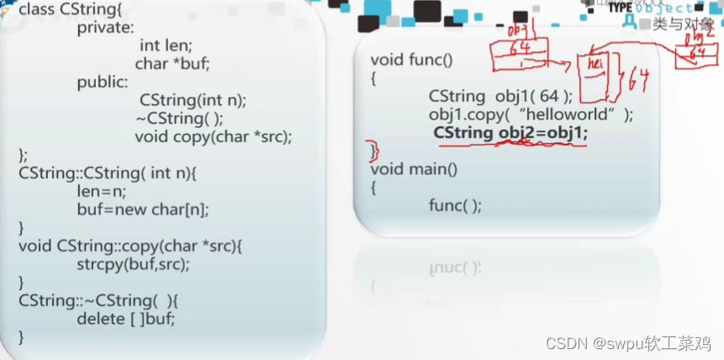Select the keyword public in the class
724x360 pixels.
click(x=103, y=82)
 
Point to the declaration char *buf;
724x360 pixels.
click(x=172, y=64)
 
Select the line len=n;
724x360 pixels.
click(x=99, y=191)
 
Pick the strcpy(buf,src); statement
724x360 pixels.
click(x=133, y=264)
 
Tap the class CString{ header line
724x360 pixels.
click(x=71, y=9)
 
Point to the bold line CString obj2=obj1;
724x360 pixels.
click(x=510, y=133)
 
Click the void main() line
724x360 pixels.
click(x=413, y=169)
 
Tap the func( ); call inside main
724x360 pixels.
click(x=455, y=206)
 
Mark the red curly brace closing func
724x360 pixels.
click(x=375, y=151)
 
